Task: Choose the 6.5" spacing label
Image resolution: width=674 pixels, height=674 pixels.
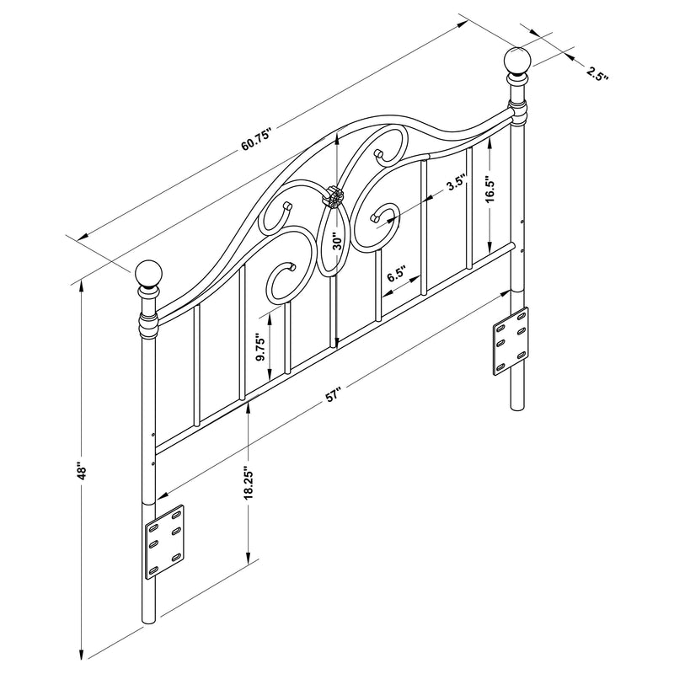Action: [x=397, y=275]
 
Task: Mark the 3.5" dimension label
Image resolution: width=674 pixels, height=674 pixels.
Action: [x=456, y=185]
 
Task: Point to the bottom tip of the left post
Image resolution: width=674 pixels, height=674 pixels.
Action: [x=149, y=622]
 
